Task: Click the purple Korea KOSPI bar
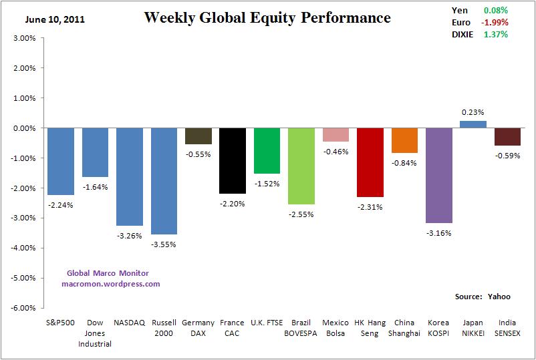coord(439,175)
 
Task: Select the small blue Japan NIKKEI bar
coord(473,124)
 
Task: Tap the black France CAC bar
coord(233,160)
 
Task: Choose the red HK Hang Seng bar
coord(370,162)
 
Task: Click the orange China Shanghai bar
coord(404,140)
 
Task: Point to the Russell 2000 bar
coord(164,181)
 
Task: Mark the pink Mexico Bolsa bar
coord(336,134)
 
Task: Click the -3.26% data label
coord(130,235)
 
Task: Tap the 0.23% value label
coord(473,112)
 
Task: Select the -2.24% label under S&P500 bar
coord(60,205)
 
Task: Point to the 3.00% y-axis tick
coord(24,38)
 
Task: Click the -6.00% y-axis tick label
coord(23,308)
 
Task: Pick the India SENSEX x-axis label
coord(508,328)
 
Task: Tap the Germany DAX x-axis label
coord(198,328)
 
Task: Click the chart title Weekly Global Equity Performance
coord(267,17)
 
